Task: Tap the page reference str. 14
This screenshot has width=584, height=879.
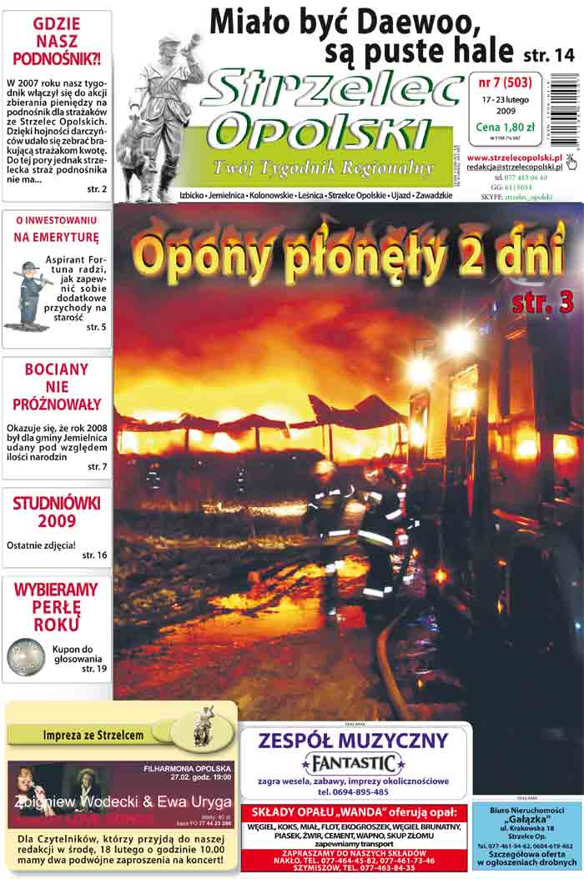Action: (x=549, y=56)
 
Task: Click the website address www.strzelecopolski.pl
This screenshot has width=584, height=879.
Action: (x=514, y=157)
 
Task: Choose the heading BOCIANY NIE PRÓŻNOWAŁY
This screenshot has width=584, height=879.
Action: (x=57, y=387)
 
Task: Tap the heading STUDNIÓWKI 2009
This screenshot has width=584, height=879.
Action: (x=57, y=515)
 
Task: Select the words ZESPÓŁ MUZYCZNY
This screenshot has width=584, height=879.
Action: (x=354, y=740)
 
